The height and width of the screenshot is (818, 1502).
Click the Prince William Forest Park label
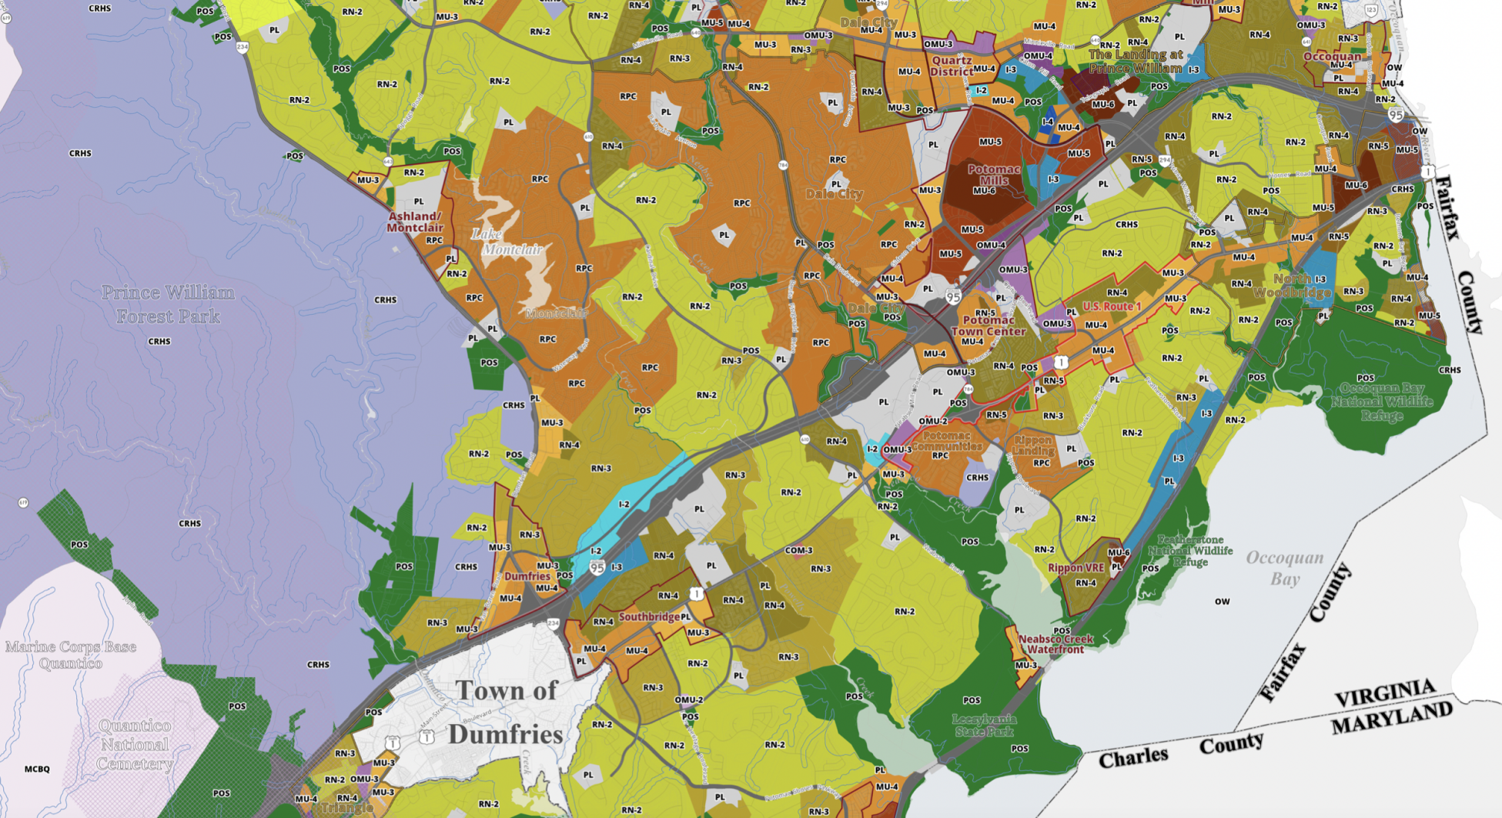168,304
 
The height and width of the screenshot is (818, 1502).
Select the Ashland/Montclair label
415,222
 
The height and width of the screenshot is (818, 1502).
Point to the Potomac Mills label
993,175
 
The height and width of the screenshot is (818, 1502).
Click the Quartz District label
952,66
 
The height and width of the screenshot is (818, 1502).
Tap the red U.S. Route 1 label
1112,307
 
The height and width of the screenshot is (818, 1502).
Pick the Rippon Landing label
1032,446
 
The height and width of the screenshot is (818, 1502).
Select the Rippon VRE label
1075,568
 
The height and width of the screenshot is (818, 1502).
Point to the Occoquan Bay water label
1284,568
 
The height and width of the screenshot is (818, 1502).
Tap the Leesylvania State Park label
984,726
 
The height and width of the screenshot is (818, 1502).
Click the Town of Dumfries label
506,712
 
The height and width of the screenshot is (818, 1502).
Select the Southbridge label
649,617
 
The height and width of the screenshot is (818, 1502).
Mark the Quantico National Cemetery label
135,745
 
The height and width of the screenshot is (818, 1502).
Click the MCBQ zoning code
37,769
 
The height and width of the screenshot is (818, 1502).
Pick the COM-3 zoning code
798,551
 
